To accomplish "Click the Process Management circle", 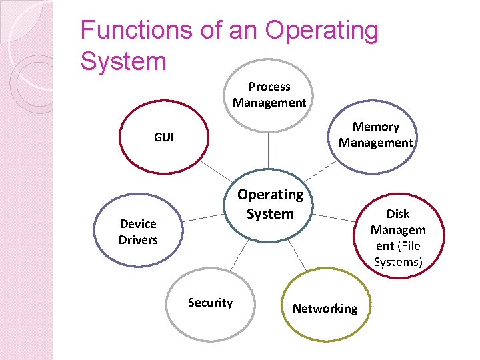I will point(269,94).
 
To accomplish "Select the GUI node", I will point(164,137).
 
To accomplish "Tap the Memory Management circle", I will point(375,135).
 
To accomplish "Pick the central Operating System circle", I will point(270,204).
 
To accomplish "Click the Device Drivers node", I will point(138,231).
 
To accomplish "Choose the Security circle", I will point(210,303).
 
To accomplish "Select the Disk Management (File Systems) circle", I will point(398,237).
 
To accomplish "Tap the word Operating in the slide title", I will point(321,30).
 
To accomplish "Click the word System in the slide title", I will point(123,61).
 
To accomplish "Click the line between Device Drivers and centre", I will point(203,217).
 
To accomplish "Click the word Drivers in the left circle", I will point(138,239).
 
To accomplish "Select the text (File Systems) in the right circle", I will point(398,254).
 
